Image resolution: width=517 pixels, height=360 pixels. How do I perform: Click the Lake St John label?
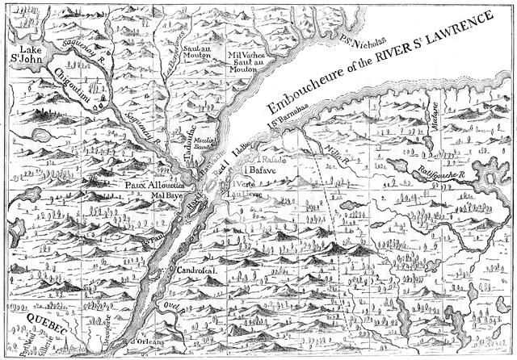point(25,50)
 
